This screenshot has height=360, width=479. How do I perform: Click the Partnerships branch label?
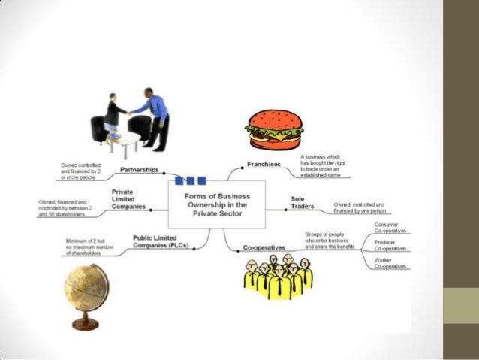(x=139, y=170)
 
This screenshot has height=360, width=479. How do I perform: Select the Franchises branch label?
(x=264, y=164)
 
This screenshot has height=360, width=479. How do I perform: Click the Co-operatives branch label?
(x=264, y=247)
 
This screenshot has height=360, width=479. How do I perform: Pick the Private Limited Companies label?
(x=128, y=199)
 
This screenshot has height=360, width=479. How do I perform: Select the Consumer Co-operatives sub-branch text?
(x=390, y=227)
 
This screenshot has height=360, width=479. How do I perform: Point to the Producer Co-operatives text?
(x=390, y=245)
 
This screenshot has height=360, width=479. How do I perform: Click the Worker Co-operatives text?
(x=390, y=263)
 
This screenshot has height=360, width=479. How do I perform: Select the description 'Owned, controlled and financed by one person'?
(x=360, y=207)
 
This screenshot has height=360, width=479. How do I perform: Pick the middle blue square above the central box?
(x=191, y=180)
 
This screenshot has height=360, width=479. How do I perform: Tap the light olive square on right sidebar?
(x=460, y=306)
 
